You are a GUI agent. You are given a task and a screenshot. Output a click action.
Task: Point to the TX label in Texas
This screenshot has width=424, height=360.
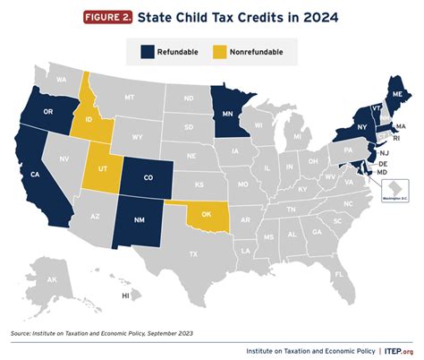click(x=191, y=254)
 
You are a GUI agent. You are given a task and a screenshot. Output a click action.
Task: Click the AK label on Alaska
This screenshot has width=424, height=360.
click(x=53, y=279)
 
